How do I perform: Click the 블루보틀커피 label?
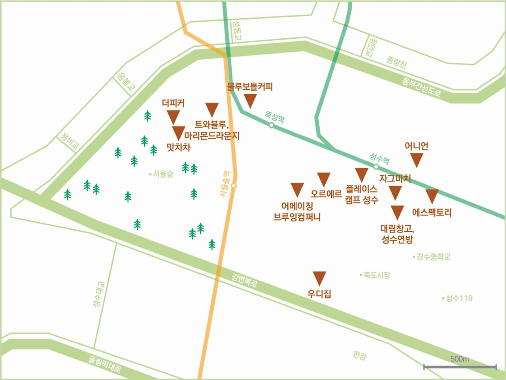click(250, 87)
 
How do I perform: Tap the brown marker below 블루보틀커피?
click(250, 100)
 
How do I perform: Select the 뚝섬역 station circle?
click(272, 125)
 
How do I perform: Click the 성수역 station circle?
click(376, 167)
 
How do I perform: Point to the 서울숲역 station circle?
click(234, 185)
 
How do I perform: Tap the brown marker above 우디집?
click(319, 278)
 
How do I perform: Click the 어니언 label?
click(416, 146)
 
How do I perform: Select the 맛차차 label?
click(178, 147)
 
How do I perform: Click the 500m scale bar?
click(460, 367)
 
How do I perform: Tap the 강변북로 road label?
click(245, 280)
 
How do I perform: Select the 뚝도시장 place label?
click(377, 275)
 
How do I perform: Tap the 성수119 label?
click(459, 298)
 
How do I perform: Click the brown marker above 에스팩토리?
click(432, 196)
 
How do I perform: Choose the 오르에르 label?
click(326, 194)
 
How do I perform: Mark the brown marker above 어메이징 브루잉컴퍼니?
click(297, 189)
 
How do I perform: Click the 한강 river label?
click(360, 355)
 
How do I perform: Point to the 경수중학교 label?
click(433, 257)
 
